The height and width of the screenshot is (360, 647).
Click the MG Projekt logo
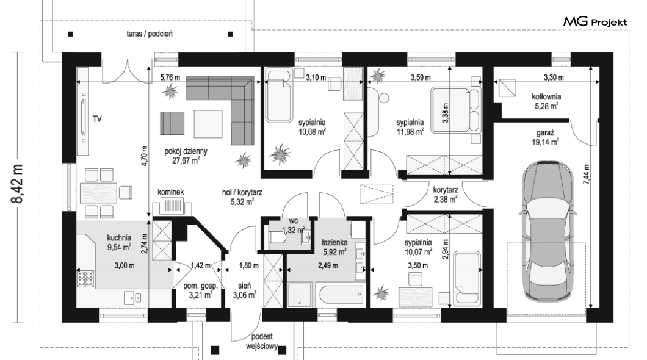coord(595,22)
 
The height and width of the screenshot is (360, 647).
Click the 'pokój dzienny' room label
coord(186,151)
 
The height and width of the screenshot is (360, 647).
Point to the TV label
coord(97,119)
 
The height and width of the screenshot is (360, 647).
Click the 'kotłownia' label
coord(546,96)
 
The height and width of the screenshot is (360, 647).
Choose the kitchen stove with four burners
coord(85,278)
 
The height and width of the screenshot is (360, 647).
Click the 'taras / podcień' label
coord(150,34)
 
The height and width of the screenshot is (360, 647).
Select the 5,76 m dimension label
coord(170,77)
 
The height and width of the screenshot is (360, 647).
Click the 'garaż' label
coord(545,133)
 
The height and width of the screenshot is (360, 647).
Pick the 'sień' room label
coord(244,286)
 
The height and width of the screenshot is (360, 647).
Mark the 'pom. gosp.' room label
coord(201,286)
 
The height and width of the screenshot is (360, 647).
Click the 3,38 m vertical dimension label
coord(445,113)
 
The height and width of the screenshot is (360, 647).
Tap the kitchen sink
coord(133,297)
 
